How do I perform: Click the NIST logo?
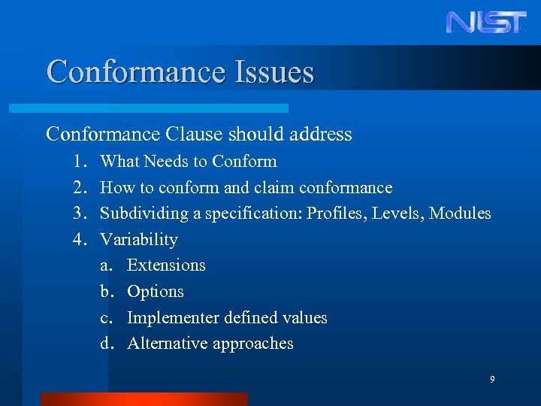pyautogui.click(x=486, y=22)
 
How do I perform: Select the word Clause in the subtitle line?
pyautogui.click(x=191, y=135)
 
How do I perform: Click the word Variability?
pyautogui.click(x=139, y=240)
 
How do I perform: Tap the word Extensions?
pyautogui.click(x=166, y=265)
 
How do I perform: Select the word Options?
pyautogui.click(x=156, y=292)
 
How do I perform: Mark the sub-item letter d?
pyautogui.click(x=107, y=344)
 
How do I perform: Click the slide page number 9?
pyautogui.click(x=492, y=380)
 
